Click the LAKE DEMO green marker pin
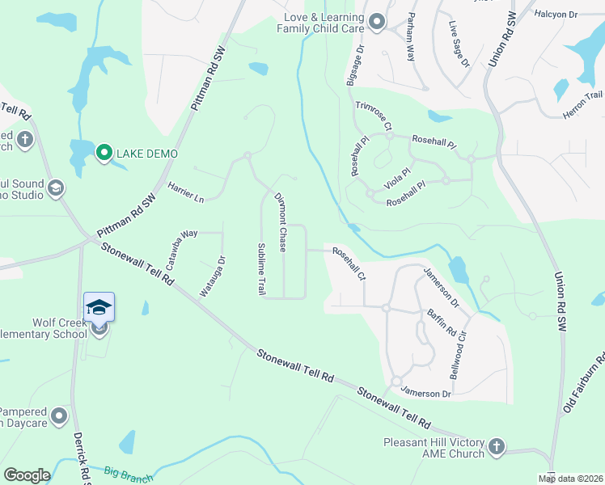(104, 152)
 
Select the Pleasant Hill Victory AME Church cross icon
(496, 445)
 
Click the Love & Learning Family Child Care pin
(376, 22)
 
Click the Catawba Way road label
(183, 242)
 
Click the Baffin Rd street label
(442, 318)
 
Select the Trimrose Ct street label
(373, 116)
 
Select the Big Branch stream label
(129, 473)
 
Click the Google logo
(27, 475)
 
